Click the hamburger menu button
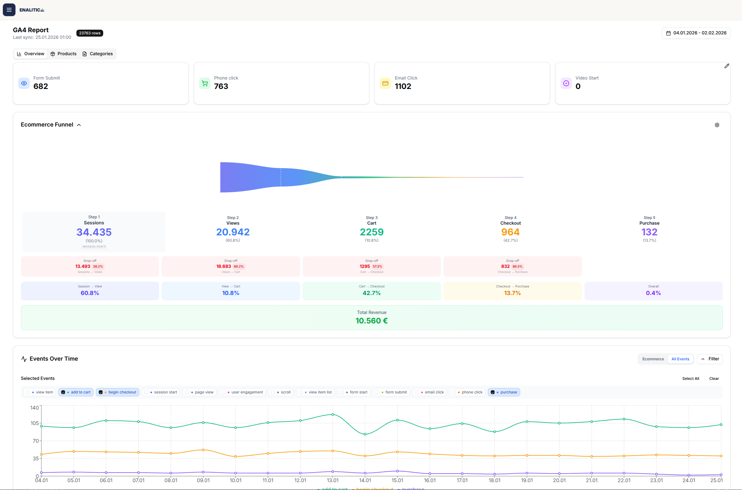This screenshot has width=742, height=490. (x=9, y=10)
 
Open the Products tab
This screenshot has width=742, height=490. (x=63, y=54)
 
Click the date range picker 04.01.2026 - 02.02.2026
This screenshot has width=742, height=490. (x=696, y=33)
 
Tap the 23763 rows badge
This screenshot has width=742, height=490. (x=90, y=33)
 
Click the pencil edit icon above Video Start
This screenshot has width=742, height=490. (x=727, y=66)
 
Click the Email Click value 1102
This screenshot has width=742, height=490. (x=403, y=86)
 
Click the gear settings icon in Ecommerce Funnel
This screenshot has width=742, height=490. (x=717, y=125)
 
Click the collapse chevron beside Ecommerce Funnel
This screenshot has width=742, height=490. (x=79, y=125)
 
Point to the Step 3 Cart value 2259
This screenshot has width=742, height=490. (x=371, y=232)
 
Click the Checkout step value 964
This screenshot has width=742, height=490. (x=510, y=232)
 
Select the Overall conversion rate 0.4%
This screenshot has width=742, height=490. (x=653, y=293)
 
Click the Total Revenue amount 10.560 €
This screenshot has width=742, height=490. (x=371, y=321)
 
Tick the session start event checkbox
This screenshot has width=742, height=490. (x=147, y=392)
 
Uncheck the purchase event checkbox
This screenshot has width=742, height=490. (x=492, y=392)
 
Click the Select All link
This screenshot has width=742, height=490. (x=690, y=379)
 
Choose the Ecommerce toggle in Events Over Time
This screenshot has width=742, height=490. (x=653, y=359)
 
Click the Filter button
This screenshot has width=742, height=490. (x=709, y=359)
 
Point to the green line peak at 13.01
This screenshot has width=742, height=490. (x=332, y=415)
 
